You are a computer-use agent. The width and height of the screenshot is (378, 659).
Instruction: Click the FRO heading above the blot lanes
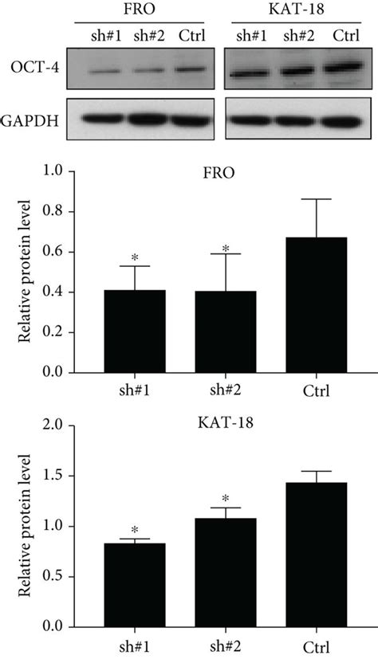click(x=148, y=10)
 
